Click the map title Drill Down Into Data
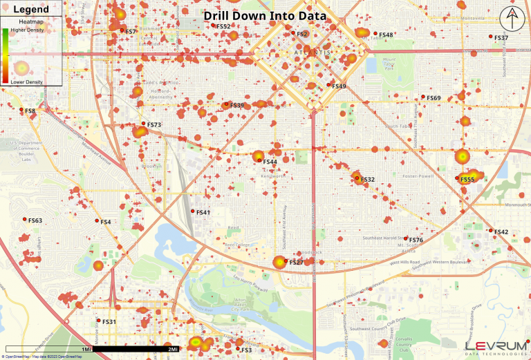coord(265,15)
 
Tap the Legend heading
coord(31,9)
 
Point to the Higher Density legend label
coord(26,30)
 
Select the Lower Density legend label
coord(26,82)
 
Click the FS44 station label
coord(270,162)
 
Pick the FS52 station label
coord(223,26)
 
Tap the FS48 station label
coord(386,35)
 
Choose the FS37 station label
coord(501,38)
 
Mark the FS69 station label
coord(434,98)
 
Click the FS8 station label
coord(30,111)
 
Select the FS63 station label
coord(35,221)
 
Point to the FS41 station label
coord(203,212)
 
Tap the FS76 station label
coord(416,240)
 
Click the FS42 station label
coord(501,232)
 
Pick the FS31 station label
coord(109,322)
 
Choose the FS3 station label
coord(246,350)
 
